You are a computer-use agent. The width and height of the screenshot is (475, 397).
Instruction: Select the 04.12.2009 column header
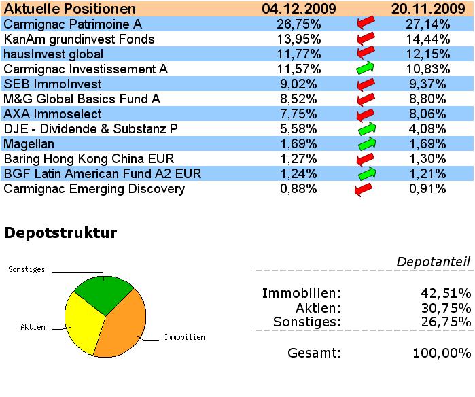point(299,9)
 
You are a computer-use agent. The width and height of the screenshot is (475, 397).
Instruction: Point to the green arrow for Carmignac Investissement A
point(366,69)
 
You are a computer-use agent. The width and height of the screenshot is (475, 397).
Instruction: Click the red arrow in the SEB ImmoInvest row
point(366,84)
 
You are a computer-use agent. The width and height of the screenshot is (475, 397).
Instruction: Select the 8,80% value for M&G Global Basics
point(429,99)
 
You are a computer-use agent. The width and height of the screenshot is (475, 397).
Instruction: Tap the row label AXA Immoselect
point(52,114)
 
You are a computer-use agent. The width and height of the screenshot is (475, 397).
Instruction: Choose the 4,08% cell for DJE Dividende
point(429,128)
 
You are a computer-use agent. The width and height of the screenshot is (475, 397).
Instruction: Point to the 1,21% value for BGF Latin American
point(429,173)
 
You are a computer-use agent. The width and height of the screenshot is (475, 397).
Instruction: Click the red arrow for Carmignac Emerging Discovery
point(363,189)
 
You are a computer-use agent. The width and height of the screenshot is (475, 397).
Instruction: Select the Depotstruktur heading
point(61,233)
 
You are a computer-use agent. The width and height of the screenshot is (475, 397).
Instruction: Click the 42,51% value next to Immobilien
point(445,294)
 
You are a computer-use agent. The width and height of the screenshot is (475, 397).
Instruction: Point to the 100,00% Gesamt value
point(442,353)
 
